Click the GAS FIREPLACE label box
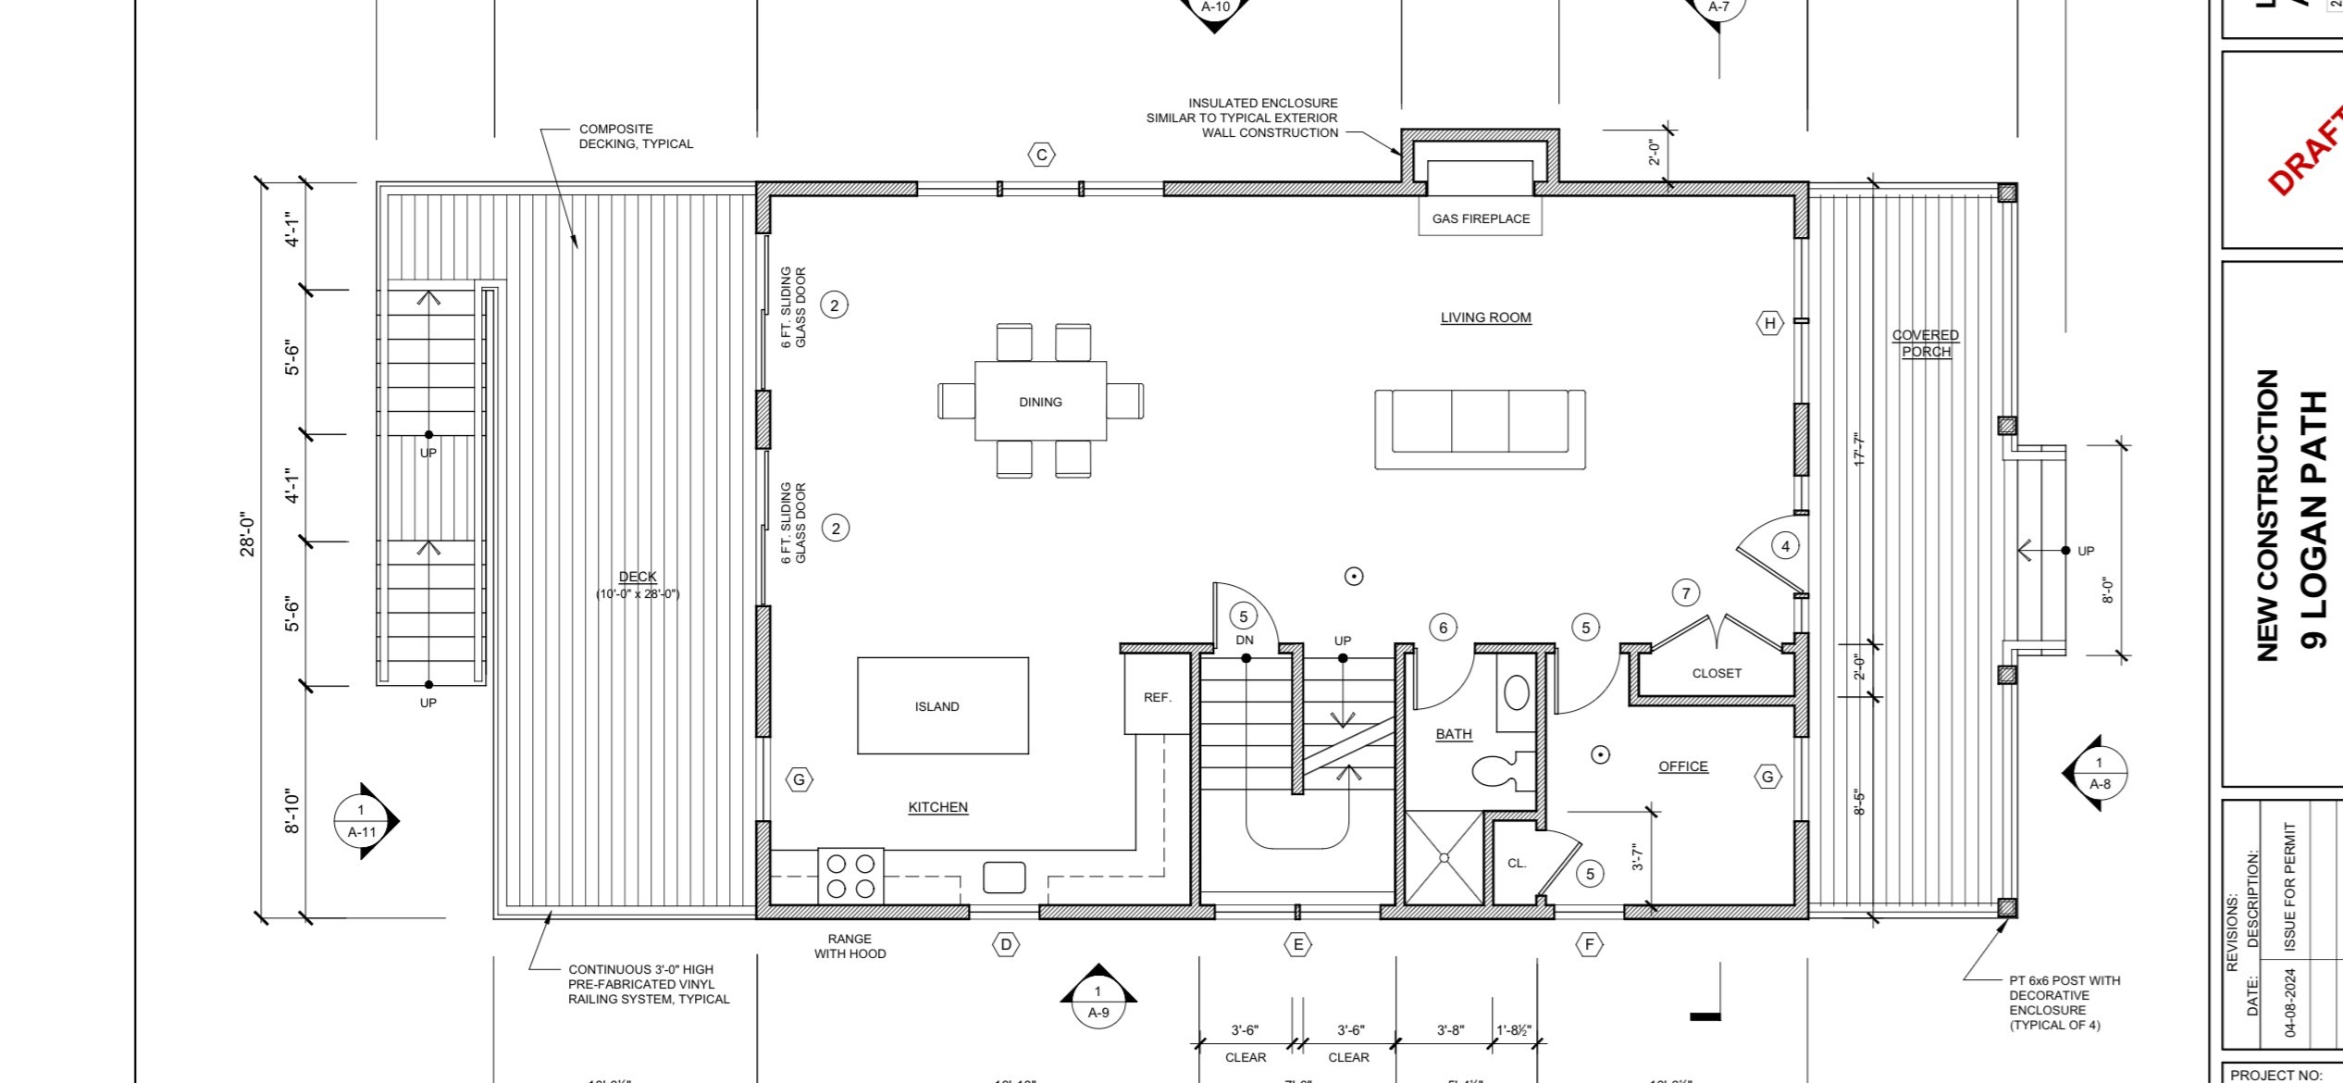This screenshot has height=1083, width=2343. pos(1480,218)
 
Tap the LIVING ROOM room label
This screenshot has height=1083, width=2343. pos(1485,317)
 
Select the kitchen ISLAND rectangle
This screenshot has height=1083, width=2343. pos(942,705)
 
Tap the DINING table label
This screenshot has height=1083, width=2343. pos(1040,402)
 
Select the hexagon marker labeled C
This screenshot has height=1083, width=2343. pos(1042,155)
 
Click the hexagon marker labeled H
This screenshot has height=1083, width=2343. pos(1770,323)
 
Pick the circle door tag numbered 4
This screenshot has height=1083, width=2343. pos(1785,546)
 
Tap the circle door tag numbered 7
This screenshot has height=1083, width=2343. pos(1686,593)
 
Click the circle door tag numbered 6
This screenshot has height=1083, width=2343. pos(1444,628)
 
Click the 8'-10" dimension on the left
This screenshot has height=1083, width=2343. pos(292,812)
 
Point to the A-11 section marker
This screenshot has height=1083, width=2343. pos(363,821)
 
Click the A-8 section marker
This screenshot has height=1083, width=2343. pos(2099,774)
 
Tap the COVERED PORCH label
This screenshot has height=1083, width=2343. pos(1926,343)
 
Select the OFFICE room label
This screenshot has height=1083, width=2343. pos(1682,766)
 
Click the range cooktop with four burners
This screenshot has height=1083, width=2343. pos(850,876)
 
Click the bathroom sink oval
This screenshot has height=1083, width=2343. pos(1516,692)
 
